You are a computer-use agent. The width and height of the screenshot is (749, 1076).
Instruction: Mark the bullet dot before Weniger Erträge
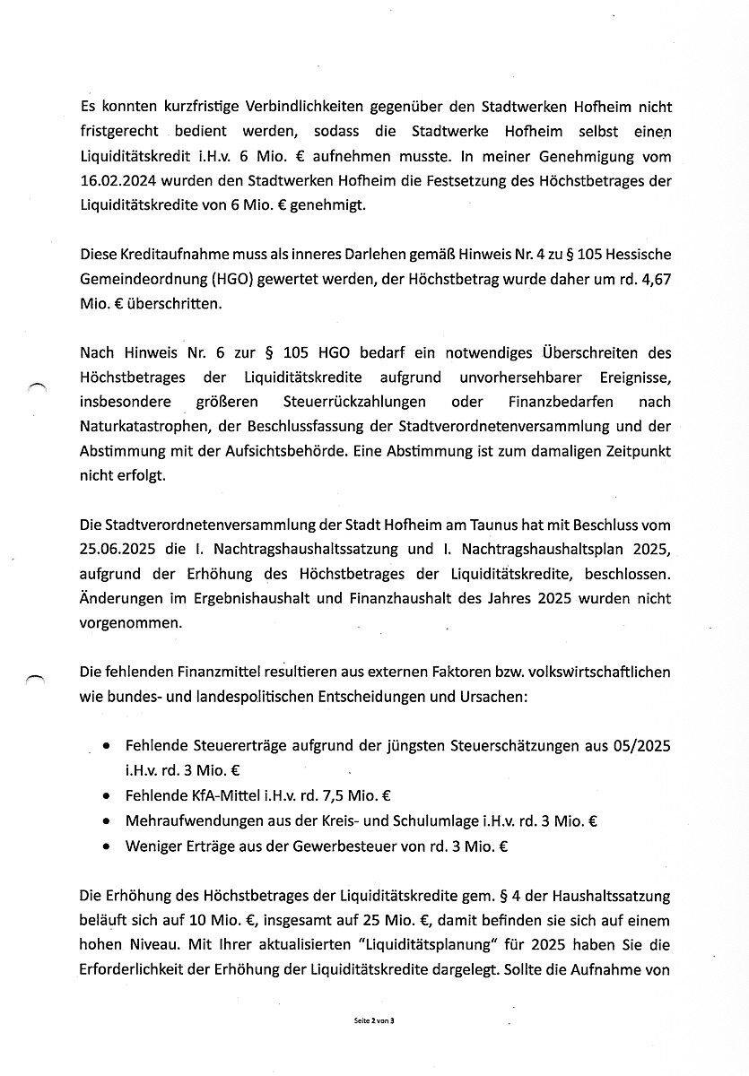[108, 846]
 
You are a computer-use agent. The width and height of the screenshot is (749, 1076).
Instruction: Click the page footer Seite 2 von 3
[374, 1022]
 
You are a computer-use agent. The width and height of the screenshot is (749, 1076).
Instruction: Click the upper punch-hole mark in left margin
[36, 385]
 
